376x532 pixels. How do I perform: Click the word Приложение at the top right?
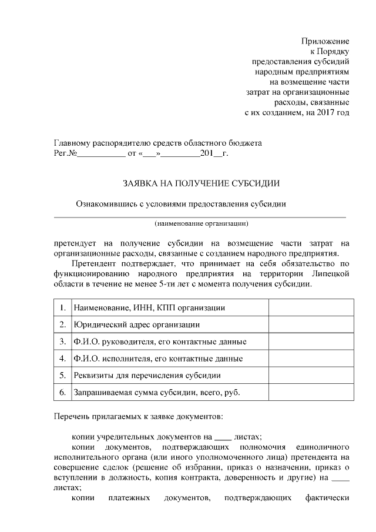point(325,41)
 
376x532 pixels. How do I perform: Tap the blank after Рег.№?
point(101,154)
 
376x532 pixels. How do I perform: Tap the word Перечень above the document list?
point(70,417)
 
